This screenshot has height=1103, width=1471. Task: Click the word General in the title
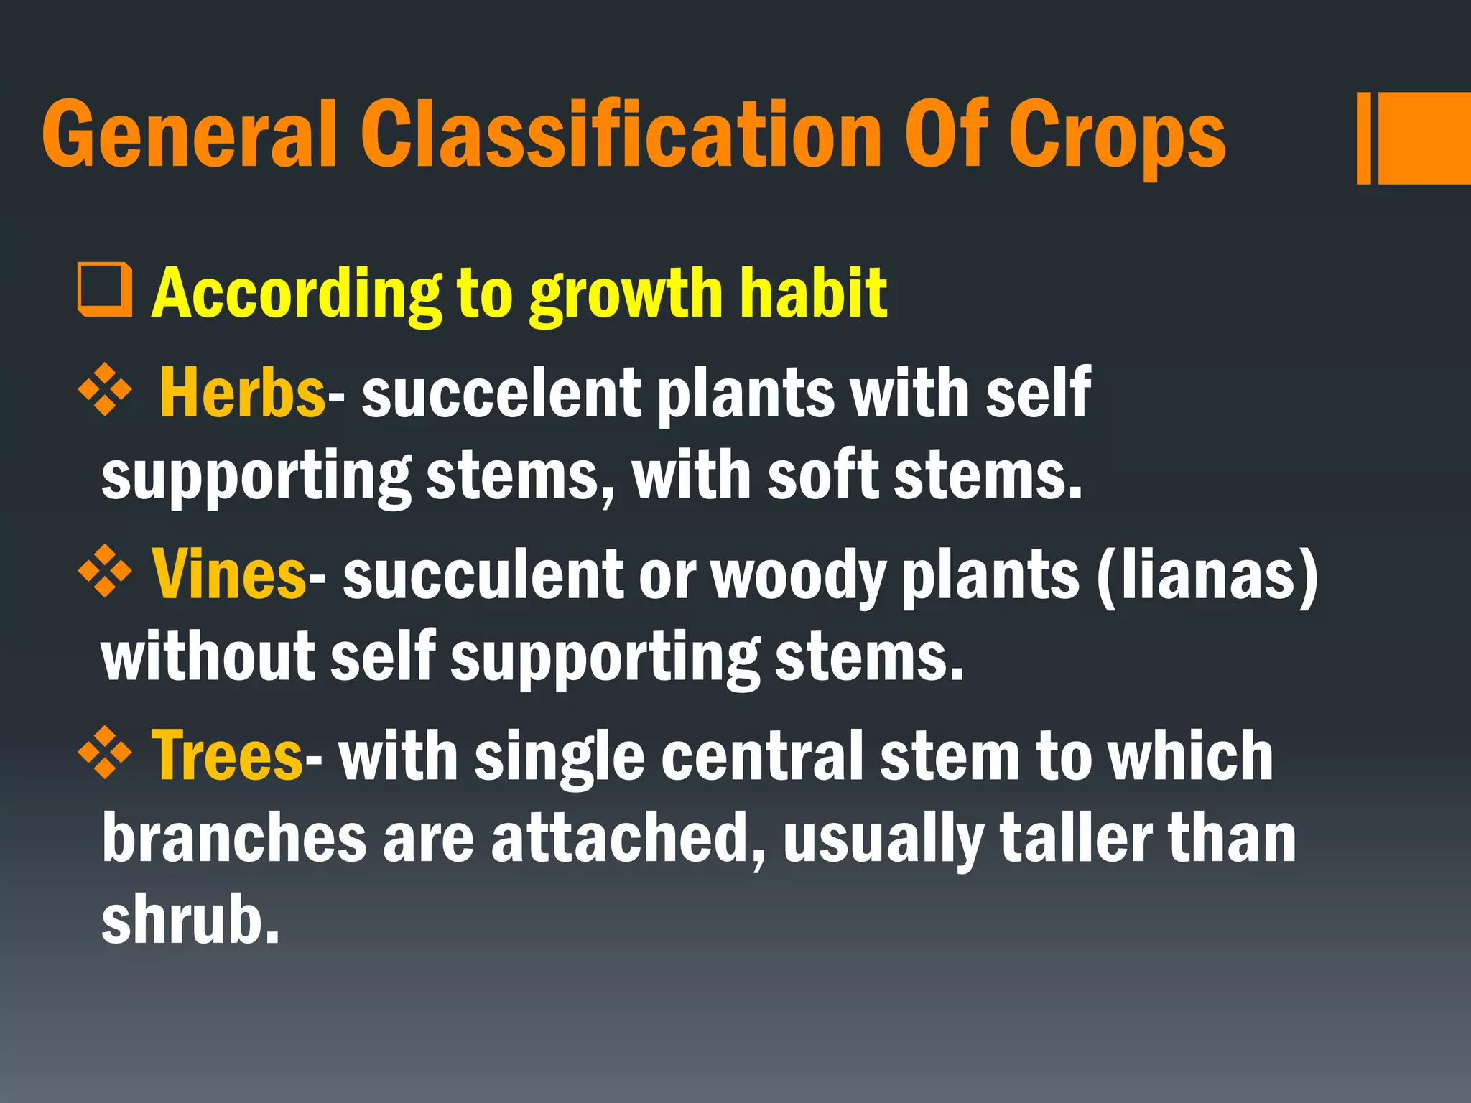point(189,134)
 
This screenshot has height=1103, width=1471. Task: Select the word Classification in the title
point(621,134)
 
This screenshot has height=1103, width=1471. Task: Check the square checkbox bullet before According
point(105,290)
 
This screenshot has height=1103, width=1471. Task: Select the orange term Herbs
point(243,392)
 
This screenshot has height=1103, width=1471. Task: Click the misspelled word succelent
point(501,394)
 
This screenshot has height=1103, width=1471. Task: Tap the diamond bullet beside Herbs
point(105,391)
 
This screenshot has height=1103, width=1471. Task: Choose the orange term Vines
point(229,574)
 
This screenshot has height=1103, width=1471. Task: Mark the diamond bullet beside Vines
point(105,572)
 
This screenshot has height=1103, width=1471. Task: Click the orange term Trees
point(227,755)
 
